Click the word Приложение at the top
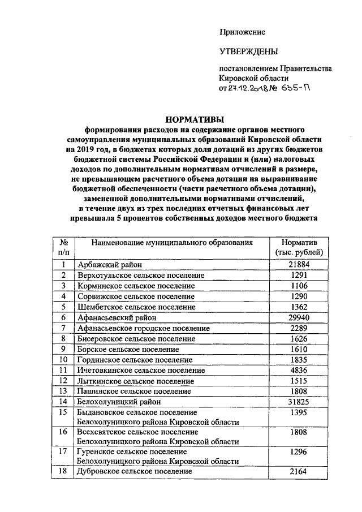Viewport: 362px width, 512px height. point(242,32)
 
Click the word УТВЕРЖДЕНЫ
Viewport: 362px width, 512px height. point(248,52)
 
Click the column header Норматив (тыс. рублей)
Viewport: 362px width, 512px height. point(299,247)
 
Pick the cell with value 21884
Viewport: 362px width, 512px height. point(299,264)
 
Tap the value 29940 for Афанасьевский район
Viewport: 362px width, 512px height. point(299,318)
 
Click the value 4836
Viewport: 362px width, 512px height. point(299,371)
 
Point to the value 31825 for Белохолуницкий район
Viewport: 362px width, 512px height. point(299,402)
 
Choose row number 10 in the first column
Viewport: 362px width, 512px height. point(64,360)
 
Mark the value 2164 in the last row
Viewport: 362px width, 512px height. point(299,471)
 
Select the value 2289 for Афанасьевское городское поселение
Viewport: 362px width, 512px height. point(299,328)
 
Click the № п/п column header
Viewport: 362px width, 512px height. point(64,247)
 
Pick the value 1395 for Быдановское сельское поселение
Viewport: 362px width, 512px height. point(299,412)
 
